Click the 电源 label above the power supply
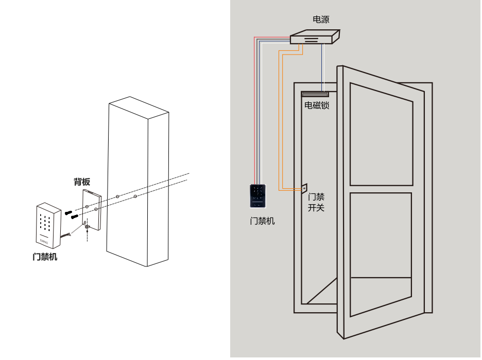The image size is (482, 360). point(321,20)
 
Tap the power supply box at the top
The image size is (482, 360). point(314,38)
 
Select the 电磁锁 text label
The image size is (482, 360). point(317,105)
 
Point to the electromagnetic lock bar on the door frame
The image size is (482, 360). point(315,94)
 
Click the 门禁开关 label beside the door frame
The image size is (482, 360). point(316,202)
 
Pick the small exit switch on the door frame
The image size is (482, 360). point(304,189)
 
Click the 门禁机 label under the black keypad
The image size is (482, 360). point(262,221)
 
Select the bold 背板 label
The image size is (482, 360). point(82,182)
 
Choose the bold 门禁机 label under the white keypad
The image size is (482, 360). point(45,257)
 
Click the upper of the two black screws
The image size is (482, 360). point(69,211)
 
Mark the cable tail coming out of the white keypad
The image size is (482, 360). point(66,236)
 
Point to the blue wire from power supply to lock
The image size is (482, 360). point(322,67)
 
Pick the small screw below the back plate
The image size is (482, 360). point(87,230)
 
